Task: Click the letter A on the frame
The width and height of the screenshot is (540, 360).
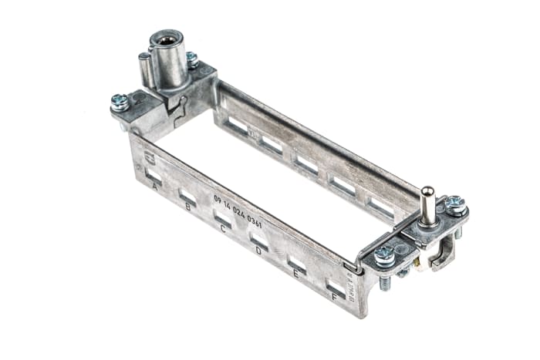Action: tap(155, 187)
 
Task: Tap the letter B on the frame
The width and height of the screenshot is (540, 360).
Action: tap(189, 207)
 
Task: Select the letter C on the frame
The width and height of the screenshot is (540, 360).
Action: tap(223, 228)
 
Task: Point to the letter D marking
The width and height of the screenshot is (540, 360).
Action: tap(258, 250)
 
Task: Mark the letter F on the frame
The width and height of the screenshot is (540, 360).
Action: tap(334, 295)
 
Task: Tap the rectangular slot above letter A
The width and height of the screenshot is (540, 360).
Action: tap(154, 176)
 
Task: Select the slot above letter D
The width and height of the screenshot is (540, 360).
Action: tap(259, 240)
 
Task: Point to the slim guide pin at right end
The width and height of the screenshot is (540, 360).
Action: tap(424, 204)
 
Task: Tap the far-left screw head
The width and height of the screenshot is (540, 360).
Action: tap(120, 102)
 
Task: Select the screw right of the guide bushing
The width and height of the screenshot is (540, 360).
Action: tap(192, 59)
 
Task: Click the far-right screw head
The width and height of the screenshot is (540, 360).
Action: tap(455, 204)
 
